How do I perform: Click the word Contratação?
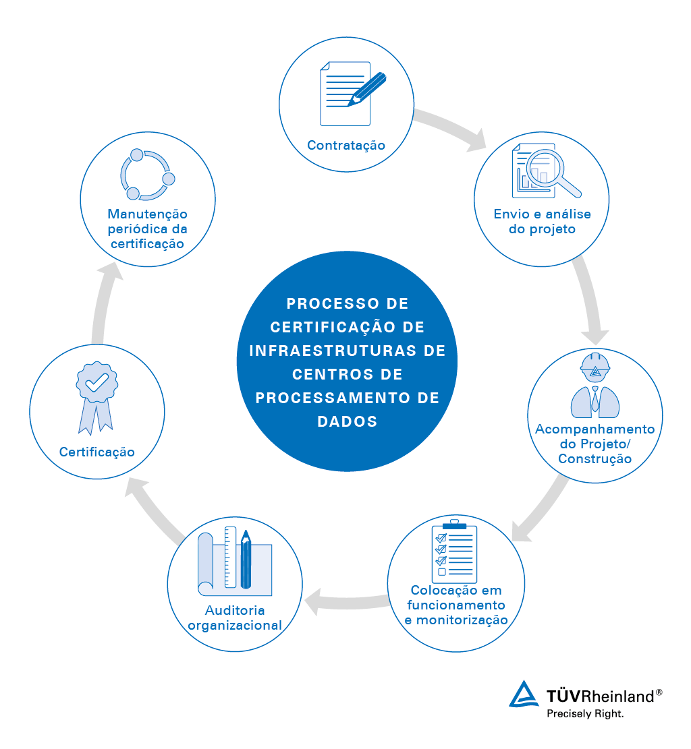point(345,145)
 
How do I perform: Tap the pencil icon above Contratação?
point(367,89)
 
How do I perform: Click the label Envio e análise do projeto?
point(543,221)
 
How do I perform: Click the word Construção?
point(595,458)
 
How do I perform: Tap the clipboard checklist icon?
point(454,551)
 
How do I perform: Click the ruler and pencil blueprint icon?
point(235,562)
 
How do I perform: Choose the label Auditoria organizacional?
point(235,618)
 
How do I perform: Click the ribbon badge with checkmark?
point(97,398)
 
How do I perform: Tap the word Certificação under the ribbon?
point(97,452)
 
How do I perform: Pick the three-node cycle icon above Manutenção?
point(147,175)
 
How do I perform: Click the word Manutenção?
point(147,214)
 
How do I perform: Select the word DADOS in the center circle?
point(348,421)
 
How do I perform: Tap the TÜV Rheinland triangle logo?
point(524,694)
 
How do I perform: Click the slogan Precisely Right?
point(585,714)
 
